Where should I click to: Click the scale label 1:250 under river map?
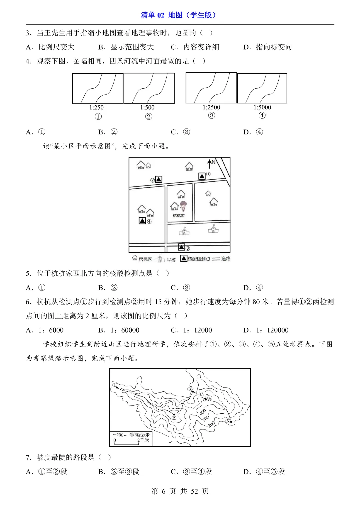[x=96, y=107]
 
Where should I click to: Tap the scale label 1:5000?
[x=262, y=107]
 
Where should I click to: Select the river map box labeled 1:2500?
[x=211, y=88]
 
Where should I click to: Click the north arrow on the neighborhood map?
[x=210, y=163]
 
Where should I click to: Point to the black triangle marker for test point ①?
[x=202, y=176]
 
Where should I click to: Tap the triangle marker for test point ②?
[x=159, y=179]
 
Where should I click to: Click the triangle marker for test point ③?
[x=181, y=247]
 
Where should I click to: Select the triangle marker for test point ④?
[x=142, y=220]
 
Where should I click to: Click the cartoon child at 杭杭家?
[x=183, y=206]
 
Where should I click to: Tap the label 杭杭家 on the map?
[x=178, y=216]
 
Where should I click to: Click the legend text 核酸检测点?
[x=199, y=259]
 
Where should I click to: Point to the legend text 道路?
[x=226, y=259]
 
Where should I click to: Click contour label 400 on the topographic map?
[x=203, y=412]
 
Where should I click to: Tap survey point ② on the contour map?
[x=174, y=418]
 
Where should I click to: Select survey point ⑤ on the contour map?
[x=228, y=421]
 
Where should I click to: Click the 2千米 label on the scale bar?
[x=143, y=440]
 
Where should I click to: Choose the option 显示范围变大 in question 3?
[x=132, y=47]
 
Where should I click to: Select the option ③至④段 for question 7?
[x=197, y=471]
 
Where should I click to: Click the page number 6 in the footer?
[x=164, y=491]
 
